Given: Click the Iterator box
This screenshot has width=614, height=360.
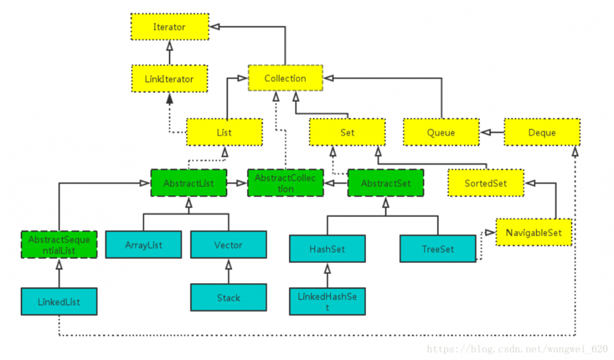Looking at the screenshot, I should coord(169,27).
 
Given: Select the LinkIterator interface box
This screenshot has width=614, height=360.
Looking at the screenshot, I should coord(169,79).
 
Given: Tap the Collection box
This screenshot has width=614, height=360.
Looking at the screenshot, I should coord(285,78).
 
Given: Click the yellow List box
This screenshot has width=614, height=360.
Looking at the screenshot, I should coord(224,132).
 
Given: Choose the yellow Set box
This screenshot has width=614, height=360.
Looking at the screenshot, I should coord(347,132).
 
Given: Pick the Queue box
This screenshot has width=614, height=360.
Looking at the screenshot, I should coord(441,132).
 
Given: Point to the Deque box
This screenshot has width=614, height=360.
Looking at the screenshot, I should coord(542,132).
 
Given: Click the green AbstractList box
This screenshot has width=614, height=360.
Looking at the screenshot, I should coord(188,183).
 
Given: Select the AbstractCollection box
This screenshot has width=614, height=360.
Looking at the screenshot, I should coord(286,183).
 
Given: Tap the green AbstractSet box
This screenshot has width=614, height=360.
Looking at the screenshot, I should coord(386,183).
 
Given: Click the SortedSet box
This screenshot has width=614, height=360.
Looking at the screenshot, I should coord(486,183).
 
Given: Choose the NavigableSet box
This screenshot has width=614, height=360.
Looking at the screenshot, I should coord(534,233).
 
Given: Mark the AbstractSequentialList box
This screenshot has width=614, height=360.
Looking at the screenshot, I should coord(59,245).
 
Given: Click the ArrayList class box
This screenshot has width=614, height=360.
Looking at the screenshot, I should coord(144,245).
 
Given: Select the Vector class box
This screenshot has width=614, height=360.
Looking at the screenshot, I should coord(228,245).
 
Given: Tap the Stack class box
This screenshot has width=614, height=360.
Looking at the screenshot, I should coord(228,297).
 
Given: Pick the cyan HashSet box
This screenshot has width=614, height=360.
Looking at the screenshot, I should coord(327,249).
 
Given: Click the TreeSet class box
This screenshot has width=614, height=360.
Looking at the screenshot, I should coord(438,249).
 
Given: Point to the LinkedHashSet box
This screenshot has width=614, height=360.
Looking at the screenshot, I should coord(327,302).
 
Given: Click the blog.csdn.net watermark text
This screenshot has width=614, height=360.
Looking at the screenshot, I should coord(516,350).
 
